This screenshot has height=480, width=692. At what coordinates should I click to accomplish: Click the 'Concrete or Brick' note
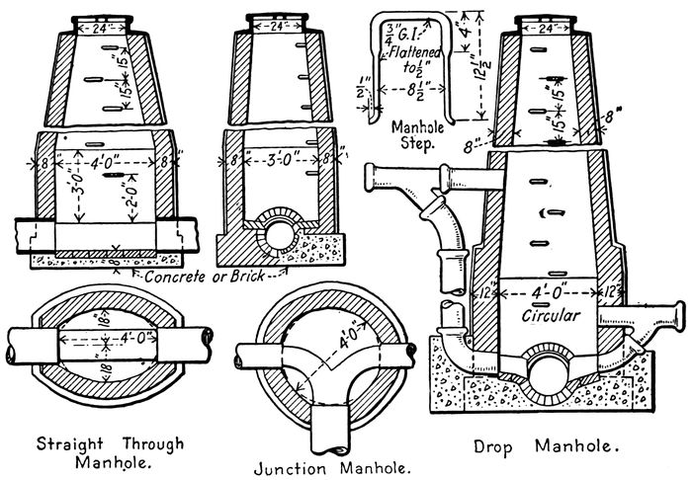pyautogui.click(x=203, y=277)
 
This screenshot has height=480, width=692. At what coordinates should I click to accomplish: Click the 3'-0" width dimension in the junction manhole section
pyautogui.click(x=276, y=155)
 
